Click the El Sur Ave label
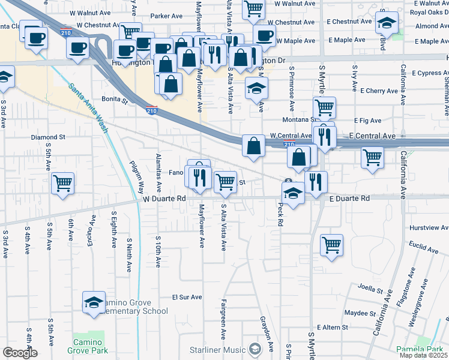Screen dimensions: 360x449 [x=187, y=297]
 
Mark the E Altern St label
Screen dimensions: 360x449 [x=333, y=327]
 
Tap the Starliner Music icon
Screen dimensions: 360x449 [x=255, y=349]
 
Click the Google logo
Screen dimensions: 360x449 [x=20, y=353]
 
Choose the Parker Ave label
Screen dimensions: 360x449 [x=166, y=16]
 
